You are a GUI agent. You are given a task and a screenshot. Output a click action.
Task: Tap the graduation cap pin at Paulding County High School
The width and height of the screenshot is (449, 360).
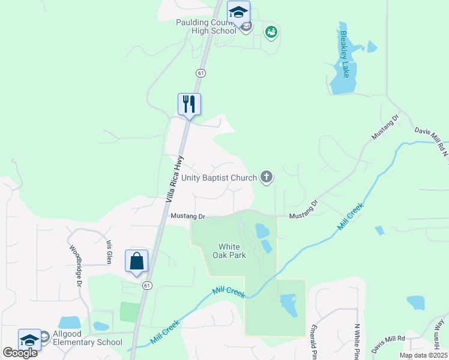[x=238, y=13]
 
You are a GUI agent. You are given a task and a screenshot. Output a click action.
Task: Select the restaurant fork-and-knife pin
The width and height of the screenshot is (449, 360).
[x=189, y=104]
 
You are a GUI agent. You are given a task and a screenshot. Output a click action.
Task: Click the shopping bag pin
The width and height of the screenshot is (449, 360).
[x=136, y=262]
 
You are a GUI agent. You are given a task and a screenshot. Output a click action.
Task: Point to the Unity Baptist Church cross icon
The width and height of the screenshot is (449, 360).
[x=267, y=177]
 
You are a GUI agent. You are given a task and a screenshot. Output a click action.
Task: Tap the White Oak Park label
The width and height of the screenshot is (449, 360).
[x=229, y=251]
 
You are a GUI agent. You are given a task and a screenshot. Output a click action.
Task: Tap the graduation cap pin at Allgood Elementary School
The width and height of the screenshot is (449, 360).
[x=29, y=340]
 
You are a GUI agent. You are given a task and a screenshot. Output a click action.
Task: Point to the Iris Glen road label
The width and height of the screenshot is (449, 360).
[x=109, y=252]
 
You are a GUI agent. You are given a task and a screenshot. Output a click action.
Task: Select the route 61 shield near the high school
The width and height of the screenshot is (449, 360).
[x=200, y=73]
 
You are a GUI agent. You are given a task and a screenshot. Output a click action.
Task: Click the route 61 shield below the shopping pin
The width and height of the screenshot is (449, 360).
[x=146, y=286]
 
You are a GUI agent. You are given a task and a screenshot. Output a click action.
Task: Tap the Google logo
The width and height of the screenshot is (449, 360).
[x=20, y=353]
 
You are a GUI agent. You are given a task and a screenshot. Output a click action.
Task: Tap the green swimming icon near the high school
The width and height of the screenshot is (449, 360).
[x=271, y=31]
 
